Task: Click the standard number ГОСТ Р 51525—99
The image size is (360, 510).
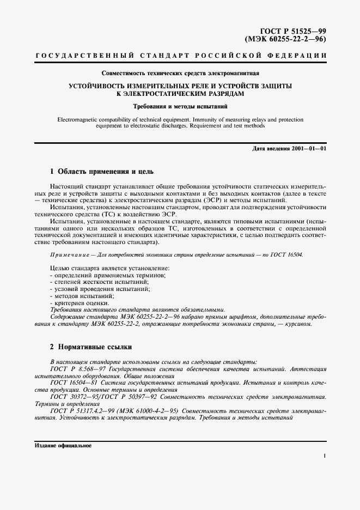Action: [295, 32]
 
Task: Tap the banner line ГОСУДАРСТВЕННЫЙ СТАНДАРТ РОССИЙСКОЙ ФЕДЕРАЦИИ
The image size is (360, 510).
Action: [180, 57]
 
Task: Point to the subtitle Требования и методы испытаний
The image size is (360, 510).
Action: [180, 106]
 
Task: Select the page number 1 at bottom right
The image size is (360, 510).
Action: [325, 457]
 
